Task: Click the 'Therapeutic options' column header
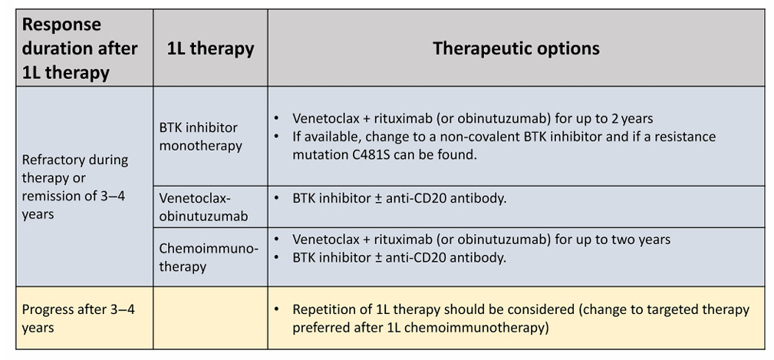click(x=515, y=48)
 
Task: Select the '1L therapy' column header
click(x=210, y=48)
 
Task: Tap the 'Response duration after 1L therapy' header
click(x=80, y=48)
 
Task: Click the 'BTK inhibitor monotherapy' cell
click(x=200, y=137)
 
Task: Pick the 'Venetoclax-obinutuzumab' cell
click(x=203, y=207)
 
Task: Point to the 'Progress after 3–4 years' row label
click(x=78, y=319)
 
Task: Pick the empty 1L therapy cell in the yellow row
click(x=210, y=318)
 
